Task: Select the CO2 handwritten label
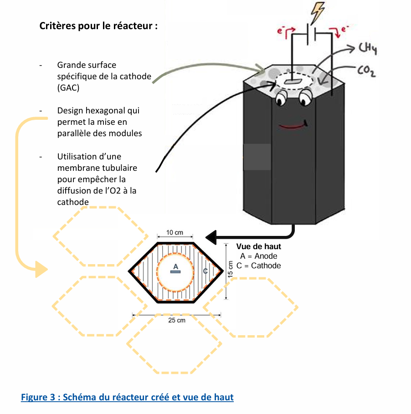coord(365,71)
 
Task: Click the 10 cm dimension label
coord(175,233)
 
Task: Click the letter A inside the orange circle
coord(175,266)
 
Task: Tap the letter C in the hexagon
coord(205,271)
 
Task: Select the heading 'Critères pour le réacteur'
coord(98,26)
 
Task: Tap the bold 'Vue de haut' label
coord(258,246)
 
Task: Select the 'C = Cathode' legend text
coord(258,266)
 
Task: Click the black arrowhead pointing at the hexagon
coord(211,237)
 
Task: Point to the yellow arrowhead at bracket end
coord(41,270)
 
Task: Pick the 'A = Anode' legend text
coord(258,256)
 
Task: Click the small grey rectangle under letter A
coord(175,272)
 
